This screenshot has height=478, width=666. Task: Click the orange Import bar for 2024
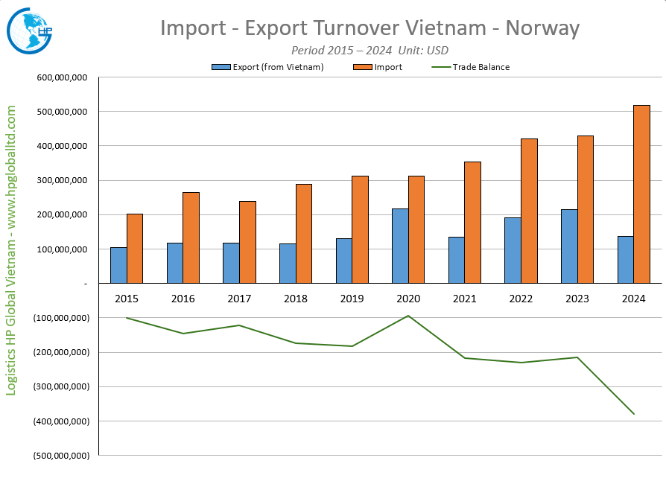tap(641, 194)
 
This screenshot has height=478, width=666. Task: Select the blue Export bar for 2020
tap(400, 246)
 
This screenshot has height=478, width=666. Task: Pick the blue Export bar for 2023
tap(569, 246)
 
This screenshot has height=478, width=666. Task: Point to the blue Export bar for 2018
tap(288, 263)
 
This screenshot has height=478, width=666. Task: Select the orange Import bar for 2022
tap(529, 211)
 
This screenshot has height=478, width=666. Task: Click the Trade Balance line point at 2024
tap(634, 414)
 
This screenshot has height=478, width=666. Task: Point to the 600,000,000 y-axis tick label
tap(62, 77)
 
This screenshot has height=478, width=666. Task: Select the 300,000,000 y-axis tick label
tap(62, 181)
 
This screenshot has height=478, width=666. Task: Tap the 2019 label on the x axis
tap(352, 298)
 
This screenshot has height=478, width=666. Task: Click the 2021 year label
tap(464, 298)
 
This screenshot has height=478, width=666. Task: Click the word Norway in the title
tap(542, 28)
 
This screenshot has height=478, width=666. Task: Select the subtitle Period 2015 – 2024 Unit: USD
tap(370, 50)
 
